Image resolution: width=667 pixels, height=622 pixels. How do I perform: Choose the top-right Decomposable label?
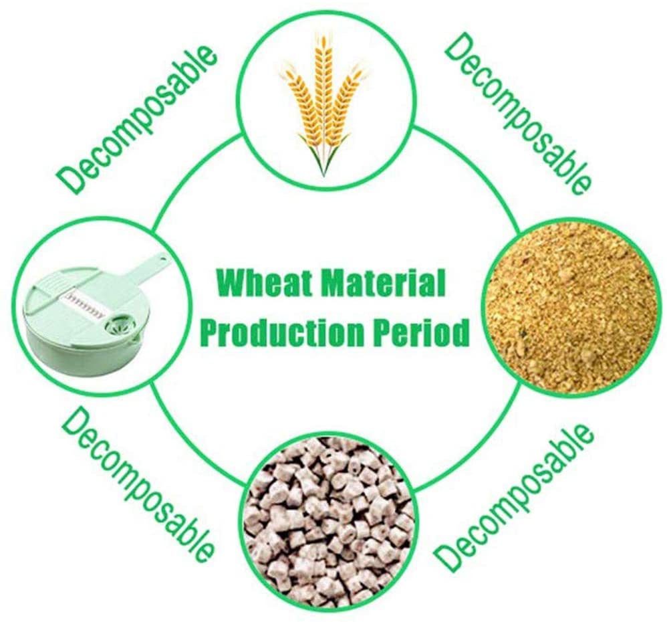[517, 114]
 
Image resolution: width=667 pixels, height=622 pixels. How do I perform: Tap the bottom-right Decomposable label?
[513, 496]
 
